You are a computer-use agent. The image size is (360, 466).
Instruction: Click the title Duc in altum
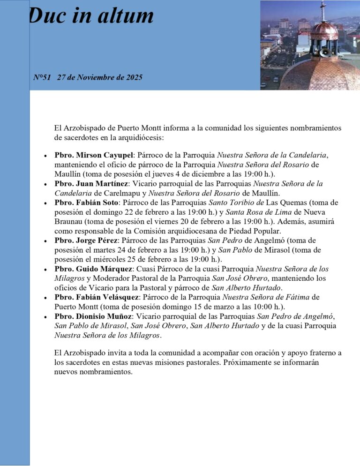tap(91, 16)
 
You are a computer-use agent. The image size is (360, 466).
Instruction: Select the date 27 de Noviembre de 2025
tap(100, 77)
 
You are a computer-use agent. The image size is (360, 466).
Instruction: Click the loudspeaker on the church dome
tap(324, 53)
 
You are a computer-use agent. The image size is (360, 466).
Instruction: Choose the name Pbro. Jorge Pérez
tap(86, 241)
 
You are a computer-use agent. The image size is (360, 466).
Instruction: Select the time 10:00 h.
tap(258, 307)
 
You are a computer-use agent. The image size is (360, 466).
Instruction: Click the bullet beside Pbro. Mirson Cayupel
tap(45, 155)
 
